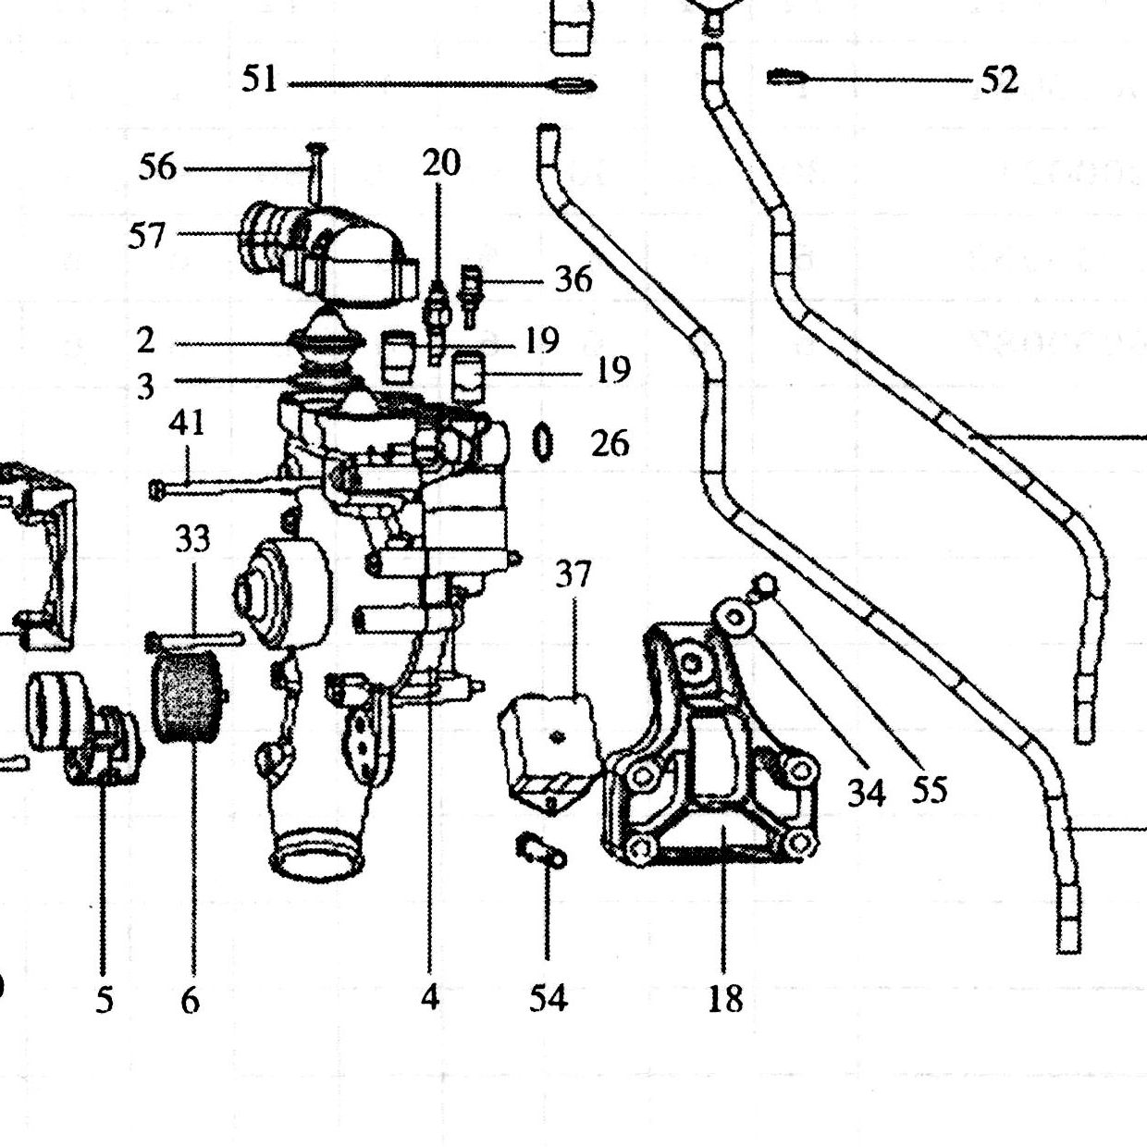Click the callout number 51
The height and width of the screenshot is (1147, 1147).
coord(260,80)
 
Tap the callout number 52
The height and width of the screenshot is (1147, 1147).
coord(999,80)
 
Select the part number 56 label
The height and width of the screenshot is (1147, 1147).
coord(158,166)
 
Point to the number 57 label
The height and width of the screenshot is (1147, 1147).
coord(146,235)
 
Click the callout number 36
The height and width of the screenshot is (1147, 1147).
coord(573,278)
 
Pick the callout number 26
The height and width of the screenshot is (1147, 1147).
coord(610,443)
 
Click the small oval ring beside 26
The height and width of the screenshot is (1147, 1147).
coord(542,442)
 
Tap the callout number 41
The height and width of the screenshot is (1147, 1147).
coord(187,424)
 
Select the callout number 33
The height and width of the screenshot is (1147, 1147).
coord(192,539)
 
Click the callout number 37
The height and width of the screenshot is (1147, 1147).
coord(573,574)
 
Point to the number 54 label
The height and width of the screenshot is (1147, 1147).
coord(549,997)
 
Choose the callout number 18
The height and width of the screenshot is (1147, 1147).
coord(725,998)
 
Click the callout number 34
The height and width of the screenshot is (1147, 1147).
coord(866,793)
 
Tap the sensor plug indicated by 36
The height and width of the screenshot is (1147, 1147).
coord(470,296)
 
